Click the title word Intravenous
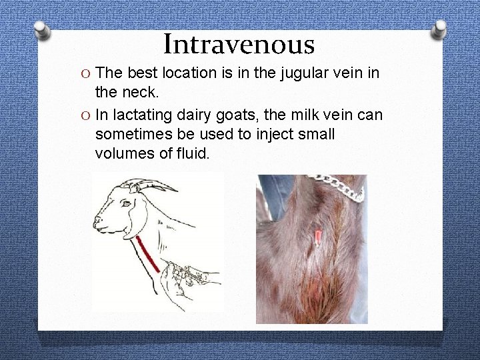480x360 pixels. [x=239, y=45]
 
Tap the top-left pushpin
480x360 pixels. [x=41, y=29]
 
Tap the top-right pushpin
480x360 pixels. [x=440, y=28]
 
